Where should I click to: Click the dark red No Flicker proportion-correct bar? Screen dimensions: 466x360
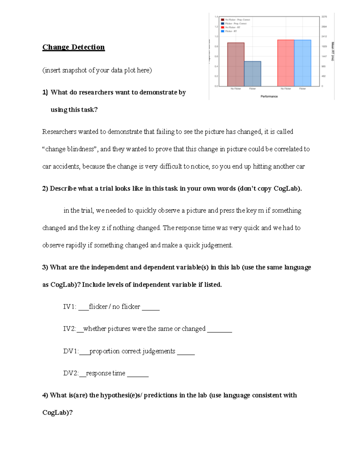[236, 65]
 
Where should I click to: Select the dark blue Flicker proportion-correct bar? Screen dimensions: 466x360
[253, 74]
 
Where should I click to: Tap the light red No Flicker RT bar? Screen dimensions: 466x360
[286, 63]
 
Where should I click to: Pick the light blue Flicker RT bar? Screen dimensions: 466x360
[302, 63]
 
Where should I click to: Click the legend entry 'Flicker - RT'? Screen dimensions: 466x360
[231, 31]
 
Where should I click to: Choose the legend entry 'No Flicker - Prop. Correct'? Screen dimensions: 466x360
[237, 20]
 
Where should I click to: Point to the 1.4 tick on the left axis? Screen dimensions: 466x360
[216, 17]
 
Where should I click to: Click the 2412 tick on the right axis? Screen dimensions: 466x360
[324, 37]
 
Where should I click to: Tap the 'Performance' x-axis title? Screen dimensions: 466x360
[269, 96]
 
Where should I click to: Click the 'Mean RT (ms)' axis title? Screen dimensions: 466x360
[332, 51]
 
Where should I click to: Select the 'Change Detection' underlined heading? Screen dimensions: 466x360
[73, 47]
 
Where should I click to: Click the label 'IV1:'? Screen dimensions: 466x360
[70, 307]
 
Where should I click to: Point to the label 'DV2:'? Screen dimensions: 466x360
[71, 373]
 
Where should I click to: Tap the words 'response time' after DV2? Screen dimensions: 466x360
[106, 373]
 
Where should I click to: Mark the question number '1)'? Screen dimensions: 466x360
[45, 92]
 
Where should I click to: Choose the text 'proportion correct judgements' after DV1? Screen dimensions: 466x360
[132, 351]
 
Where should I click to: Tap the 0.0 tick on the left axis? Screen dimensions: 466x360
[216, 86]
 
